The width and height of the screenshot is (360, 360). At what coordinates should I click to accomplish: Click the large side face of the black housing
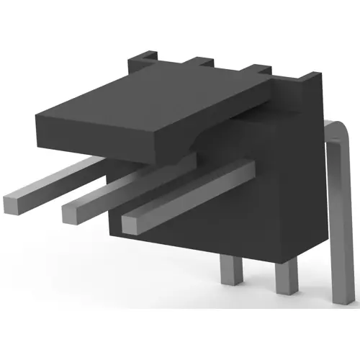[x=281, y=194]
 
